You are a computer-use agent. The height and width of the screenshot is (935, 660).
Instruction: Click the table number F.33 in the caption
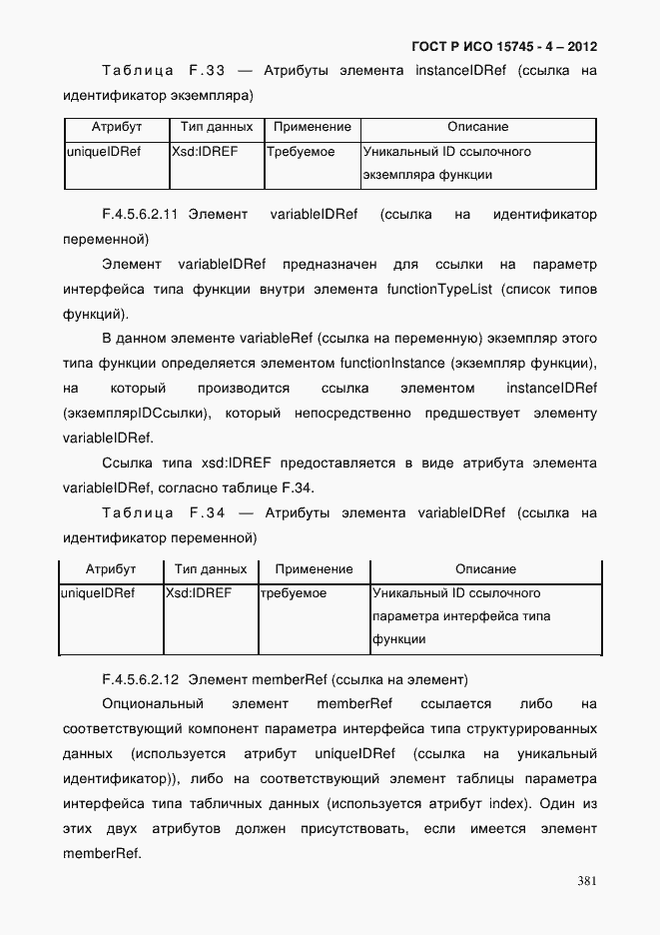click(x=207, y=71)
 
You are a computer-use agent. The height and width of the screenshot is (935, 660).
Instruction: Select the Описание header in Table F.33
click(x=477, y=128)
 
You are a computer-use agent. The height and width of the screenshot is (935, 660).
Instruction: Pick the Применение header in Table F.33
click(x=313, y=128)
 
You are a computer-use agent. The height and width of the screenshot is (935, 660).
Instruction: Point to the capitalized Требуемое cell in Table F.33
click(x=301, y=153)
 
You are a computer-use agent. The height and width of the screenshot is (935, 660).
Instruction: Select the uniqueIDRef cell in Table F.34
click(x=98, y=593)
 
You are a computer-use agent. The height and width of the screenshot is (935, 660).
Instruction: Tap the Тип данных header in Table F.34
click(x=210, y=569)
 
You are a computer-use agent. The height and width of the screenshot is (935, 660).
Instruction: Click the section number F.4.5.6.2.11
click(x=140, y=215)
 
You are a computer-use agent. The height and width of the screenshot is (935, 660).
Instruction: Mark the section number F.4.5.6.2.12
click(x=140, y=680)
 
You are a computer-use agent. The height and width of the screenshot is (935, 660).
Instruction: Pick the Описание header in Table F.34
click(x=485, y=569)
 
